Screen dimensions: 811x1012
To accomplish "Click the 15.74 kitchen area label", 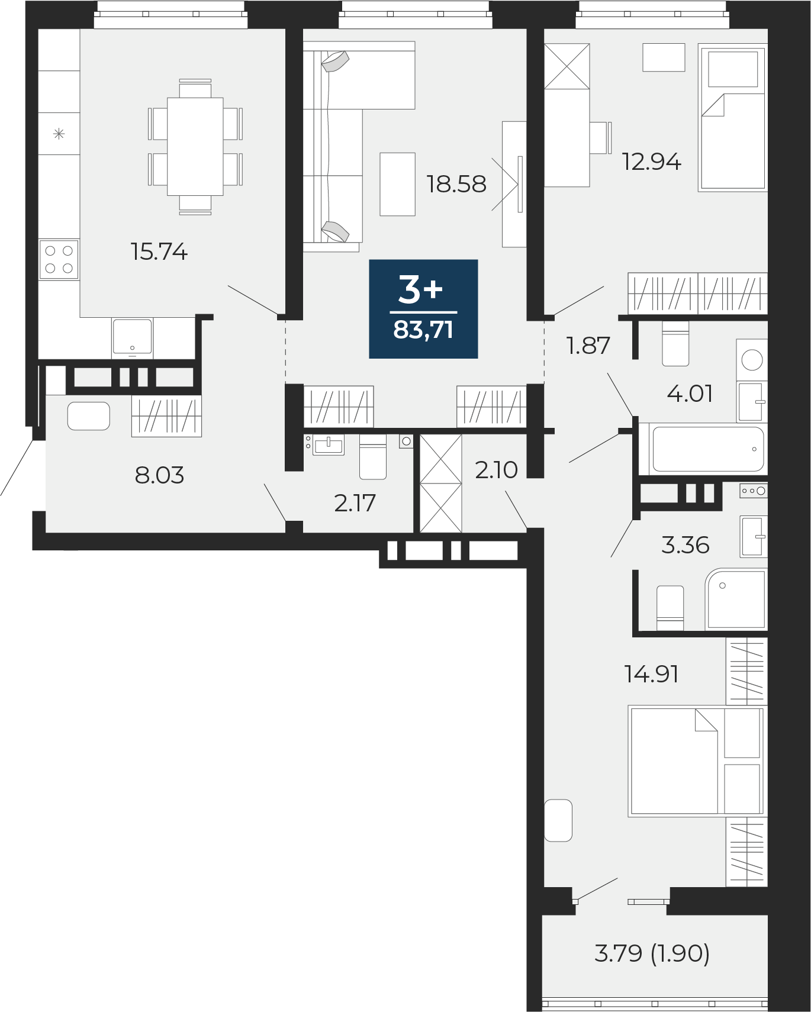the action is pos(159,252).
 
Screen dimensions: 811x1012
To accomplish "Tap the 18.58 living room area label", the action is pos(456,184).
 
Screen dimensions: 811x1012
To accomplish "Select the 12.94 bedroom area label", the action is pos(652,161).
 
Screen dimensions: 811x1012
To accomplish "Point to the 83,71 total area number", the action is pos(423,330).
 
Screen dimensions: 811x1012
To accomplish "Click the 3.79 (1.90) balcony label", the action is pos(652,953).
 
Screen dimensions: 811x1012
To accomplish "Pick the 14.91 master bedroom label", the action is pos(651,674).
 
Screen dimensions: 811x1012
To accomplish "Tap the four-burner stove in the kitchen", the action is pos(59,260).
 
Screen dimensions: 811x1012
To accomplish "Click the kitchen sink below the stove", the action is pos(133,337).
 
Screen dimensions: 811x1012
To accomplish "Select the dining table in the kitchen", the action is pos(195,147).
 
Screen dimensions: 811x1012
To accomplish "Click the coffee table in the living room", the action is pos(398,184).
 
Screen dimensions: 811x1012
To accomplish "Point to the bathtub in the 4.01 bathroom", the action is pos(708,449).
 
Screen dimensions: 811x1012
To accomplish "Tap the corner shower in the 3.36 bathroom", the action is pos(736,599).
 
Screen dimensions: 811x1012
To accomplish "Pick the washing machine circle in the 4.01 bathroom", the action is pos(752,359).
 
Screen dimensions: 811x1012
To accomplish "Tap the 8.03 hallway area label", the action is pos(159,475).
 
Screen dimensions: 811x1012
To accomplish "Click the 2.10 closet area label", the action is pos(496,470).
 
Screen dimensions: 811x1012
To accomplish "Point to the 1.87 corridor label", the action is pos(588,346).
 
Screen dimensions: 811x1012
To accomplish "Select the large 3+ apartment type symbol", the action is pos(421,289).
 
